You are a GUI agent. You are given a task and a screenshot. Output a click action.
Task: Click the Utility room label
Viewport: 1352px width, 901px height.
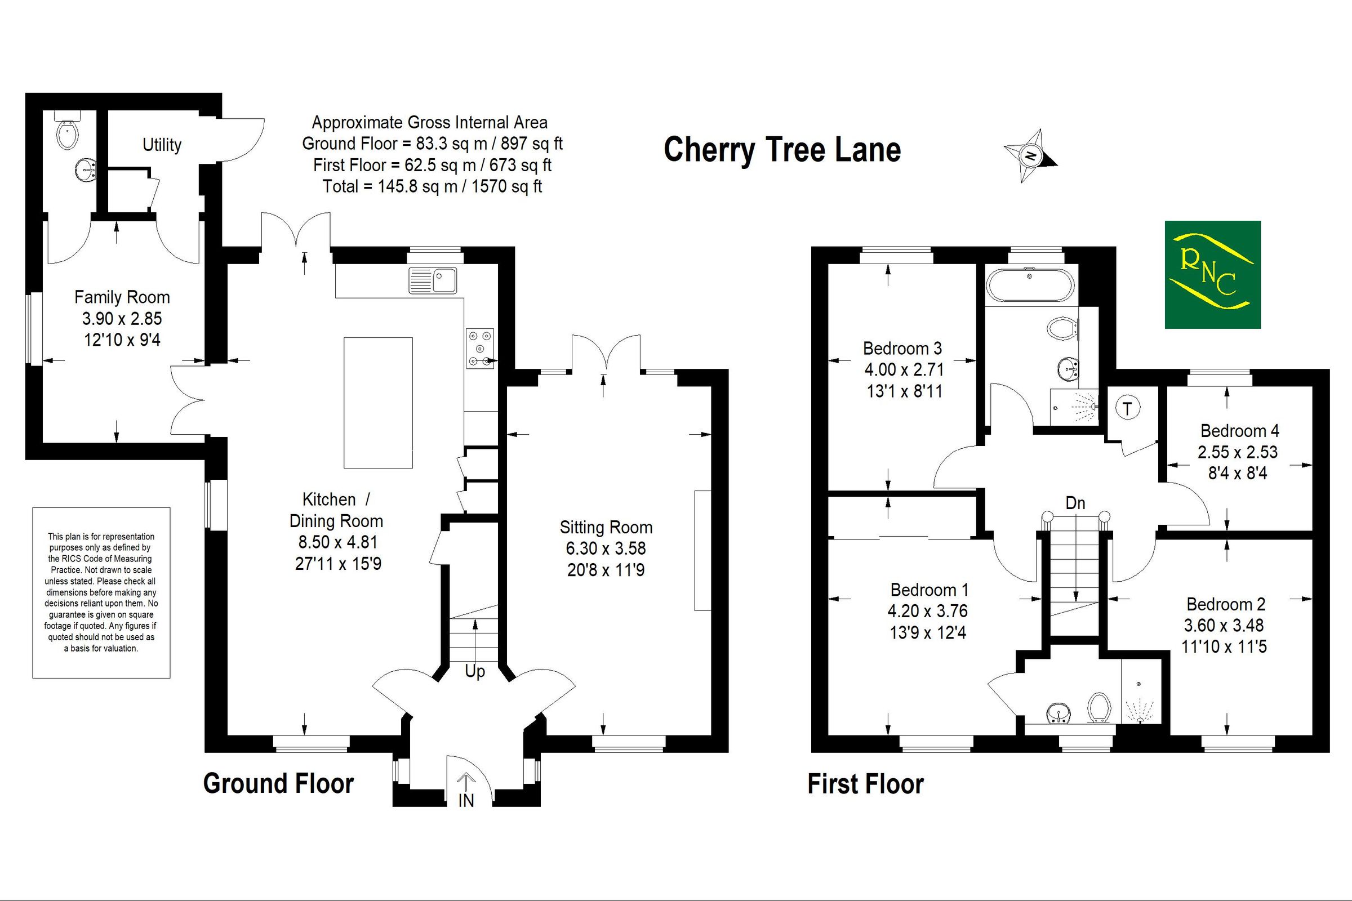162,145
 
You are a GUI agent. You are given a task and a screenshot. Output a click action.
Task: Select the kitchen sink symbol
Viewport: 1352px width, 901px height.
433,280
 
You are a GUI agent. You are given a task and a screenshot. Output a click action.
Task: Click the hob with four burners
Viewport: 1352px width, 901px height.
480,348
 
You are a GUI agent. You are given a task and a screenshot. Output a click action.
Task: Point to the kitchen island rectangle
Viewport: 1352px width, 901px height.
377,402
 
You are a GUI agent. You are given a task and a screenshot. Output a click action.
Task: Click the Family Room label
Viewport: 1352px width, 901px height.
122,297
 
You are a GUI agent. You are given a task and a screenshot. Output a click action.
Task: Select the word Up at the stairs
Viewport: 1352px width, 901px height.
475,671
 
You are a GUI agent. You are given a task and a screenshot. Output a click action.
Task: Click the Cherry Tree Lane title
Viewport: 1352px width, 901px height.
782,150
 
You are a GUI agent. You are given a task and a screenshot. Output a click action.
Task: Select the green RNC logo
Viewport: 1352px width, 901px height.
1212,275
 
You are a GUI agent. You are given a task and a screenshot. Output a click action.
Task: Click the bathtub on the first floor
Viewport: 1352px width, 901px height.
1030,284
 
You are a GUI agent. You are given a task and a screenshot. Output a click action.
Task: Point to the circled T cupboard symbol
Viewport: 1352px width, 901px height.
1127,409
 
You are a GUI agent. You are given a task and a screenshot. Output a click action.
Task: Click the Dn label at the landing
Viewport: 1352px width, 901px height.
1075,503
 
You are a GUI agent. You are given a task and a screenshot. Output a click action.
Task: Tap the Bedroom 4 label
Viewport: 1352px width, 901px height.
1239,430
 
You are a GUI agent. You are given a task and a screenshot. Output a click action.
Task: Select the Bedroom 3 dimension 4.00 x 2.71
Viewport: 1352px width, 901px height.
904,369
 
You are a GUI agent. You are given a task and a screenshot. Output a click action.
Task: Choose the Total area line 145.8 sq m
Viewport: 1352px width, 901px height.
432,187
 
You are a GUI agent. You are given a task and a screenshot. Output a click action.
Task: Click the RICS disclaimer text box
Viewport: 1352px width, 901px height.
101,592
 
